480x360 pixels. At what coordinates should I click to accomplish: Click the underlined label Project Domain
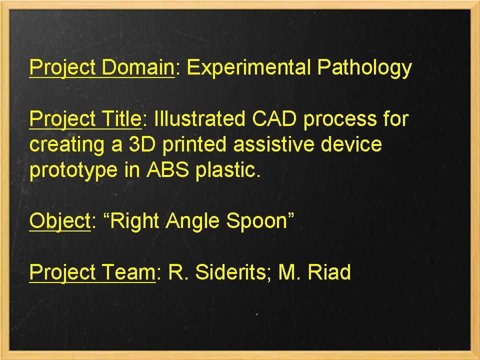pos(101,67)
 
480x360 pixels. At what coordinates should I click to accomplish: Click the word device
pos(351,144)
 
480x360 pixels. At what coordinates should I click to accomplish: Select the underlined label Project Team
pos(92,272)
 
